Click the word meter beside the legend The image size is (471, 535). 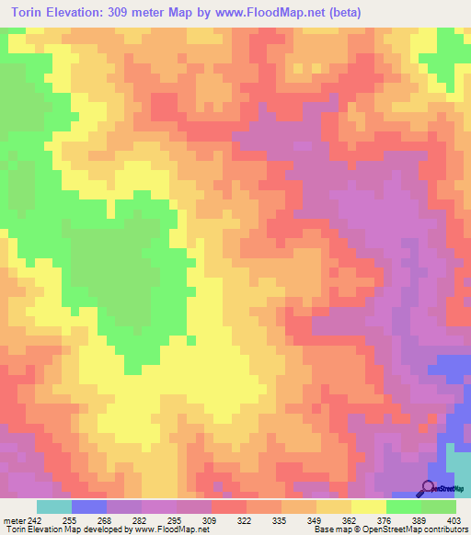pos(14,519)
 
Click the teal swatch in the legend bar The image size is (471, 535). pos(53,507)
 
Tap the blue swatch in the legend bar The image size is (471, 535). pos(88,507)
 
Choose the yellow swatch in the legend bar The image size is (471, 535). pos(368,507)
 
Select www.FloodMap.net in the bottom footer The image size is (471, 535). pos(169,530)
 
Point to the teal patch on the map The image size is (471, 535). pos(457,464)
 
